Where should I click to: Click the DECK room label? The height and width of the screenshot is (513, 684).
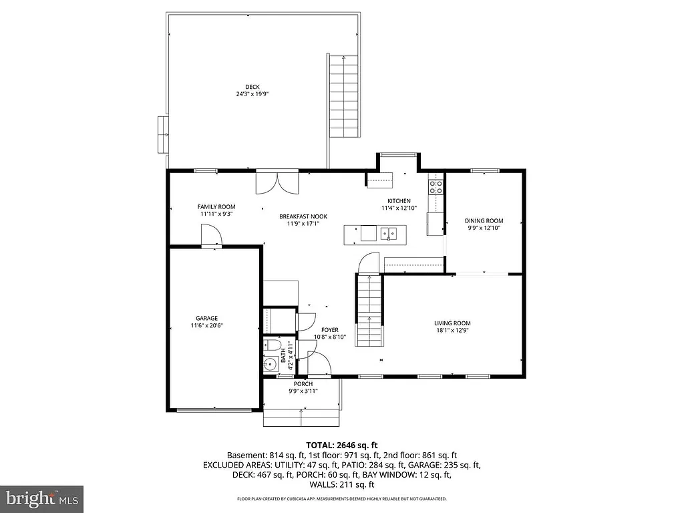252,86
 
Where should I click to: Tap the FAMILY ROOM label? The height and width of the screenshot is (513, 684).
216,207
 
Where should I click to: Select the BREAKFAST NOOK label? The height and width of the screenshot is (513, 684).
303,216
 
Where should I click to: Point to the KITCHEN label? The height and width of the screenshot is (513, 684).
399,201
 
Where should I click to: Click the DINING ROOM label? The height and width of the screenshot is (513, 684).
484,221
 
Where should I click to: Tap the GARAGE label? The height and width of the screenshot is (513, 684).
206,319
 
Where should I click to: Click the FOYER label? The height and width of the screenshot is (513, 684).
329,330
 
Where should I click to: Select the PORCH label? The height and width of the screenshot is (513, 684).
303,384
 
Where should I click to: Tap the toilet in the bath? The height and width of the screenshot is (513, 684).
271,346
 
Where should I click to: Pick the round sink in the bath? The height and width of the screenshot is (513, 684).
271,365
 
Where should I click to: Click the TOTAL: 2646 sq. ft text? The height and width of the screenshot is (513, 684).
342,444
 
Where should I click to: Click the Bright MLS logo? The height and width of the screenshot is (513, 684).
41,498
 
